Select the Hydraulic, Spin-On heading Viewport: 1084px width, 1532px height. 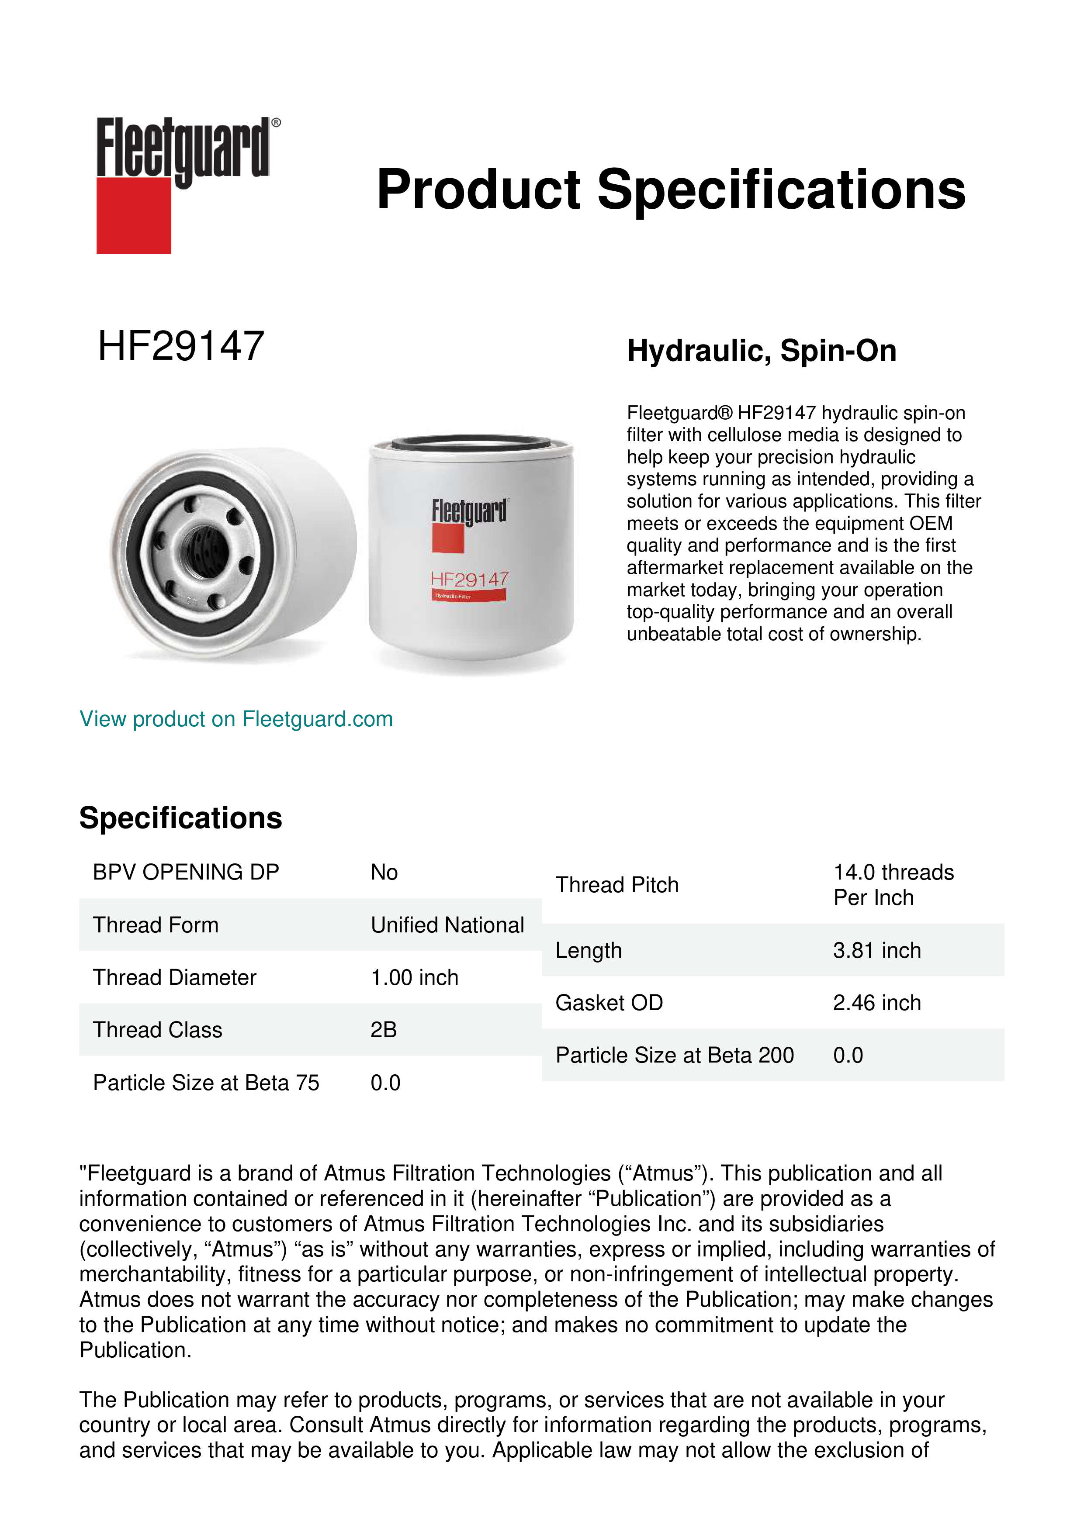[761, 351]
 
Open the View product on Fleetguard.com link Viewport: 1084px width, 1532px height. [236, 719]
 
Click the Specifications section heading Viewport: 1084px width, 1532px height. [180, 818]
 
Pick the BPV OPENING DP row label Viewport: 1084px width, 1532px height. [186, 872]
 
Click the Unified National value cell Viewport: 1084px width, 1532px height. [447, 925]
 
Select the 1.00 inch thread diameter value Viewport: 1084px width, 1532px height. [415, 977]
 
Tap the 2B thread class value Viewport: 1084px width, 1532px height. [384, 1030]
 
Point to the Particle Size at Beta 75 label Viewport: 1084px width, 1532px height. [206, 1082]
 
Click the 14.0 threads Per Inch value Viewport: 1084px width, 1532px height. [893, 885]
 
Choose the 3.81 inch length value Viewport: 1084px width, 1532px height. [876, 950]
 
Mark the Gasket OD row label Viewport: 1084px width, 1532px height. [609, 1002]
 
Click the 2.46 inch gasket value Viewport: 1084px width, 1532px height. [876, 1002]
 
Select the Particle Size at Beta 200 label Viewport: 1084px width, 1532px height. [674, 1055]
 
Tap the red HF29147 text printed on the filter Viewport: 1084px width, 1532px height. [469, 579]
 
